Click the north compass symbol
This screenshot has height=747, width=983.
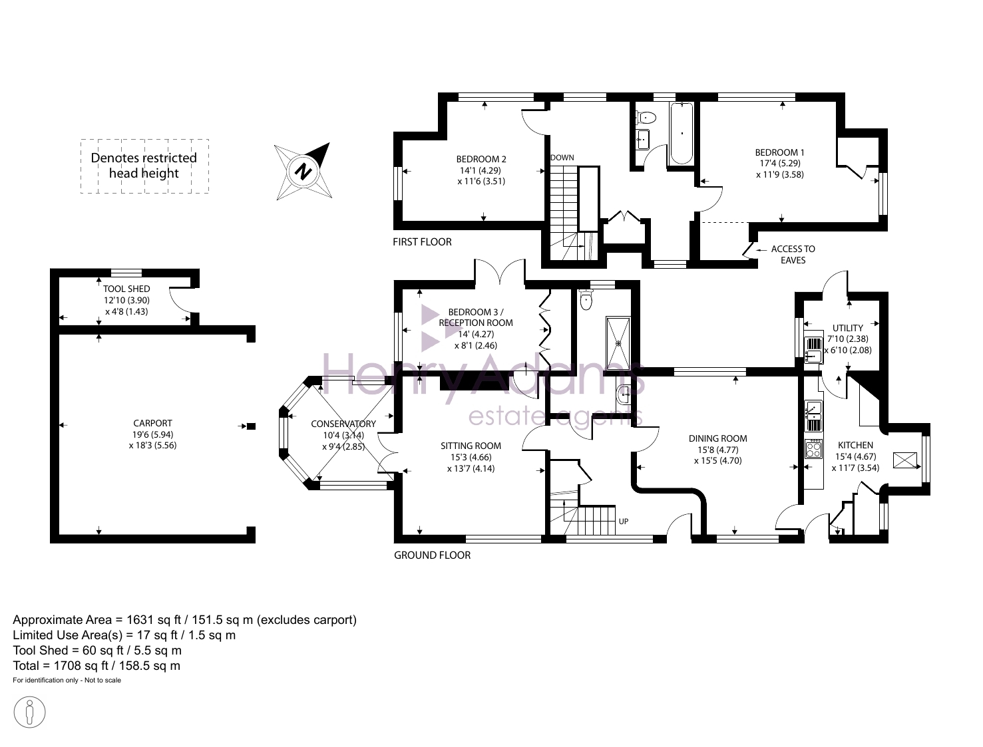coord(303,172)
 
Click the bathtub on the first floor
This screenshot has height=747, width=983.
coord(681,134)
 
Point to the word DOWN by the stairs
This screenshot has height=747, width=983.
coord(562,158)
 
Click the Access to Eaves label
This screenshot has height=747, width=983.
coord(793,254)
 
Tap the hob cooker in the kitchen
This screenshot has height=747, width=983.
coord(814,449)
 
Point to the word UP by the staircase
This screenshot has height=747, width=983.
coord(624,522)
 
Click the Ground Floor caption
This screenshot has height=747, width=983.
coord(432,555)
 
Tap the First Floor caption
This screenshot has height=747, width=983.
coord(423,241)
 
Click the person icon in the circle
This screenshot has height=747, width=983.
coord(29,712)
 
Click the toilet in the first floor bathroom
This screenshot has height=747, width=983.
coord(646,117)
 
